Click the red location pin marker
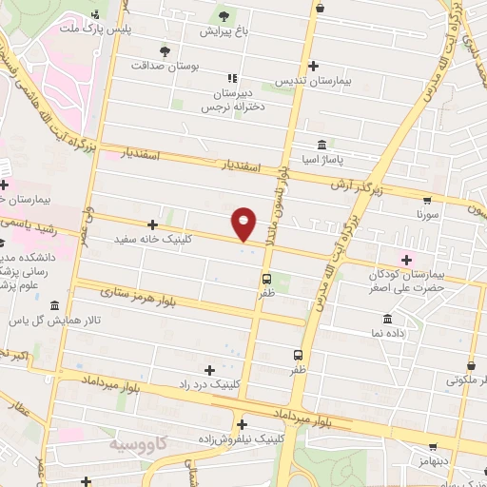tap(244, 223)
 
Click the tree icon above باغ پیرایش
tap(224, 16)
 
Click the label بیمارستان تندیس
tap(313, 82)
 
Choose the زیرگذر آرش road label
tap(356, 187)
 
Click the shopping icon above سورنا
tap(426, 201)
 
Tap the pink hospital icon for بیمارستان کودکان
tap(407, 259)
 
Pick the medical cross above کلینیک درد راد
tap(209, 369)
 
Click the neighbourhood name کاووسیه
tap(137, 444)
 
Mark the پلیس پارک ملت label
tap(104, 30)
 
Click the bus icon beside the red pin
tap(265, 280)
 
